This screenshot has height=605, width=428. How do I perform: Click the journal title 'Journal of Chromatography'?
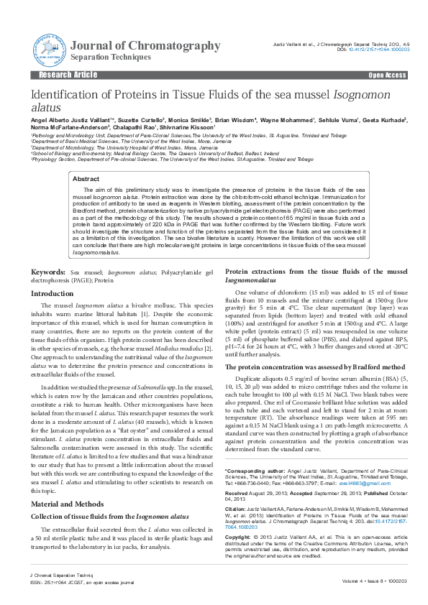146,45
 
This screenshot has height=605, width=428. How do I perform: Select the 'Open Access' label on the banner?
387,75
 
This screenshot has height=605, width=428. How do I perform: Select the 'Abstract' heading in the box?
86,178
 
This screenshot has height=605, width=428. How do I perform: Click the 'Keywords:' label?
47,273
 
